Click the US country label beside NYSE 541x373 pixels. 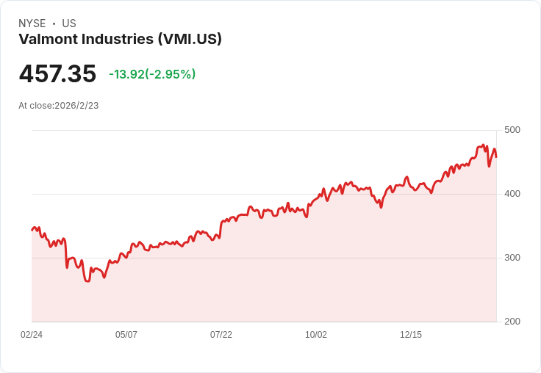click(x=69, y=23)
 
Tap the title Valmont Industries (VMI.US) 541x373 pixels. click(x=120, y=39)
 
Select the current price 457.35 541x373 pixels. click(x=57, y=74)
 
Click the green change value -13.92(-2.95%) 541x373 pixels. click(x=152, y=74)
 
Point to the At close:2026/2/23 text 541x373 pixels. click(x=59, y=106)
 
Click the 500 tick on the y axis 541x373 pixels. click(x=512, y=130)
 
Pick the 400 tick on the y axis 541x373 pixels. click(x=512, y=194)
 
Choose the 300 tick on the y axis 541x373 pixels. click(x=512, y=258)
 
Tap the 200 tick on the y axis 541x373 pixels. click(x=512, y=322)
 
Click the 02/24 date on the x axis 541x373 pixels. click(x=32, y=335)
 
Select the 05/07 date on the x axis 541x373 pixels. click(x=126, y=335)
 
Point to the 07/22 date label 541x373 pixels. click(x=221, y=335)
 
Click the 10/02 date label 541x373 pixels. click(x=316, y=335)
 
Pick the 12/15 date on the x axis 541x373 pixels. click(x=411, y=335)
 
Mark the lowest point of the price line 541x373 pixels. click(x=87, y=281)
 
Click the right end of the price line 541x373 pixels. click(x=496, y=156)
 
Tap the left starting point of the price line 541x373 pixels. click(x=32, y=230)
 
